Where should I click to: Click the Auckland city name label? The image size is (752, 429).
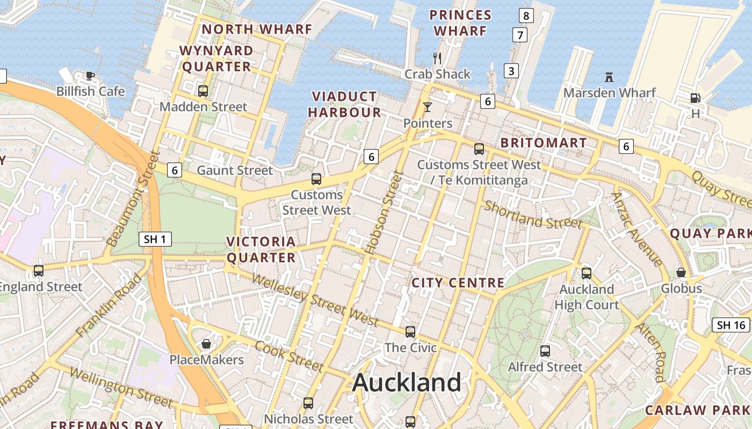pyautogui.click(x=407, y=382)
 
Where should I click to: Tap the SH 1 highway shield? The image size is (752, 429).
pyautogui.click(x=155, y=239)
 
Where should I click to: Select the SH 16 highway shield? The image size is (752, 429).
pyautogui.click(x=731, y=325)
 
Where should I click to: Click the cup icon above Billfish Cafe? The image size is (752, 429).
pyautogui.click(x=90, y=76)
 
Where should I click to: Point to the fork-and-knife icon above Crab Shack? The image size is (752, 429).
pyautogui.click(x=437, y=57)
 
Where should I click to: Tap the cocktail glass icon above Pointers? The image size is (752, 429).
pyautogui.click(x=428, y=107)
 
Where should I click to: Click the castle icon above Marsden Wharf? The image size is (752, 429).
pyautogui.click(x=609, y=77)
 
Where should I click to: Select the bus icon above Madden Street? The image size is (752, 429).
pyautogui.click(x=203, y=91)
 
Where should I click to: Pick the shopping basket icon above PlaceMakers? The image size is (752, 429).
pyautogui.click(x=206, y=344)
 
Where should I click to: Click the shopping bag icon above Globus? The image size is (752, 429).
pyautogui.click(x=681, y=272)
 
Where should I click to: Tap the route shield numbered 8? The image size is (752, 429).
pyautogui.click(x=526, y=16)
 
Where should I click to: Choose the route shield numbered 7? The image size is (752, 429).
pyautogui.click(x=519, y=35)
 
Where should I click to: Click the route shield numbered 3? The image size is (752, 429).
pyautogui.click(x=511, y=71)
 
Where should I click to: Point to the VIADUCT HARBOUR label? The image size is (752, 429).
pyautogui.click(x=344, y=105)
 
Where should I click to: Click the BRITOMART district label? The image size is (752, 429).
pyautogui.click(x=544, y=143)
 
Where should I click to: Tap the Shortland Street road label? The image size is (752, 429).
pyautogui.click(x=533, y=214)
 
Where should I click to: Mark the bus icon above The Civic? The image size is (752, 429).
pyautogui.click(x=410, y=332)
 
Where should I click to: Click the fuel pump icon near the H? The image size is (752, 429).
pyautogui.click(x=696, y=98)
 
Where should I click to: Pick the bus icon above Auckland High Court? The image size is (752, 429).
pyautogui.click(x=587, y=273)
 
